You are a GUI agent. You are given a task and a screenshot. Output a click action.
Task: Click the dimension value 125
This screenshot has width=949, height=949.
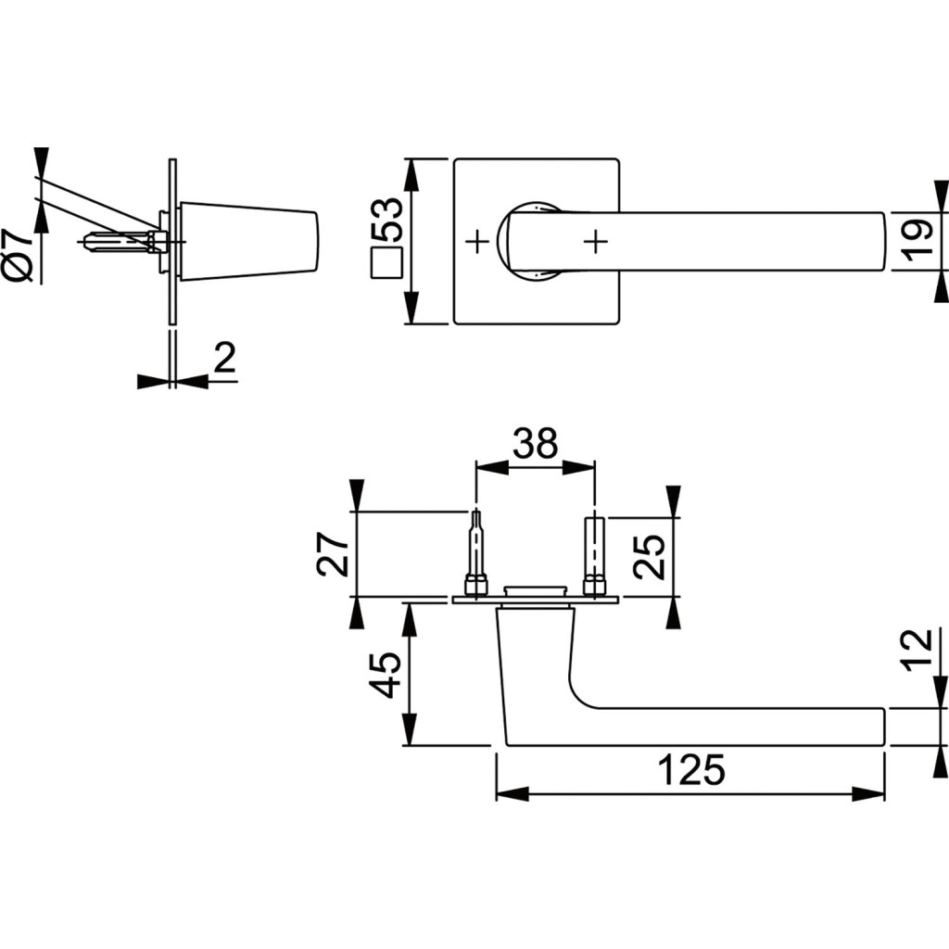pyautogui.click(x=690, y=770)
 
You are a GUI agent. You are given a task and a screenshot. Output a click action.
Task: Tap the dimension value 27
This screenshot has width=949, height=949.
pyautogui.click(x=335, y=554)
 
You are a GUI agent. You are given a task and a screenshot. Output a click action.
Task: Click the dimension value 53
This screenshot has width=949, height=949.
pyautogui.click(x=386, y=221)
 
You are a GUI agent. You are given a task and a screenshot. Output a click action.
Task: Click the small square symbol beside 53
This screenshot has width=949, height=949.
pyautogui.click(x=386, y=263)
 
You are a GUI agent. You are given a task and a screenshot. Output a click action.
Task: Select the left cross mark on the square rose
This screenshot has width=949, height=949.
pyautogui.click(x=476, y=242)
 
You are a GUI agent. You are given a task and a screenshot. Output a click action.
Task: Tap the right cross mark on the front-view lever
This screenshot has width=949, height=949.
pyautogui.click(x=596, y=242)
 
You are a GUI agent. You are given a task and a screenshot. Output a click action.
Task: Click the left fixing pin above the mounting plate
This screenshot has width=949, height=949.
pyautogui.click(x=476, y=547)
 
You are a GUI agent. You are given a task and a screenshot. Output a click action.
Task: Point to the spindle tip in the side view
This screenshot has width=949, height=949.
pyautogui.click(x=89, y=243)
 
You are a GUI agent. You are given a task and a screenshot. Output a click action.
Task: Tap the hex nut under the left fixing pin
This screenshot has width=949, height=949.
pyautogui.click(x=476, y=585)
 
